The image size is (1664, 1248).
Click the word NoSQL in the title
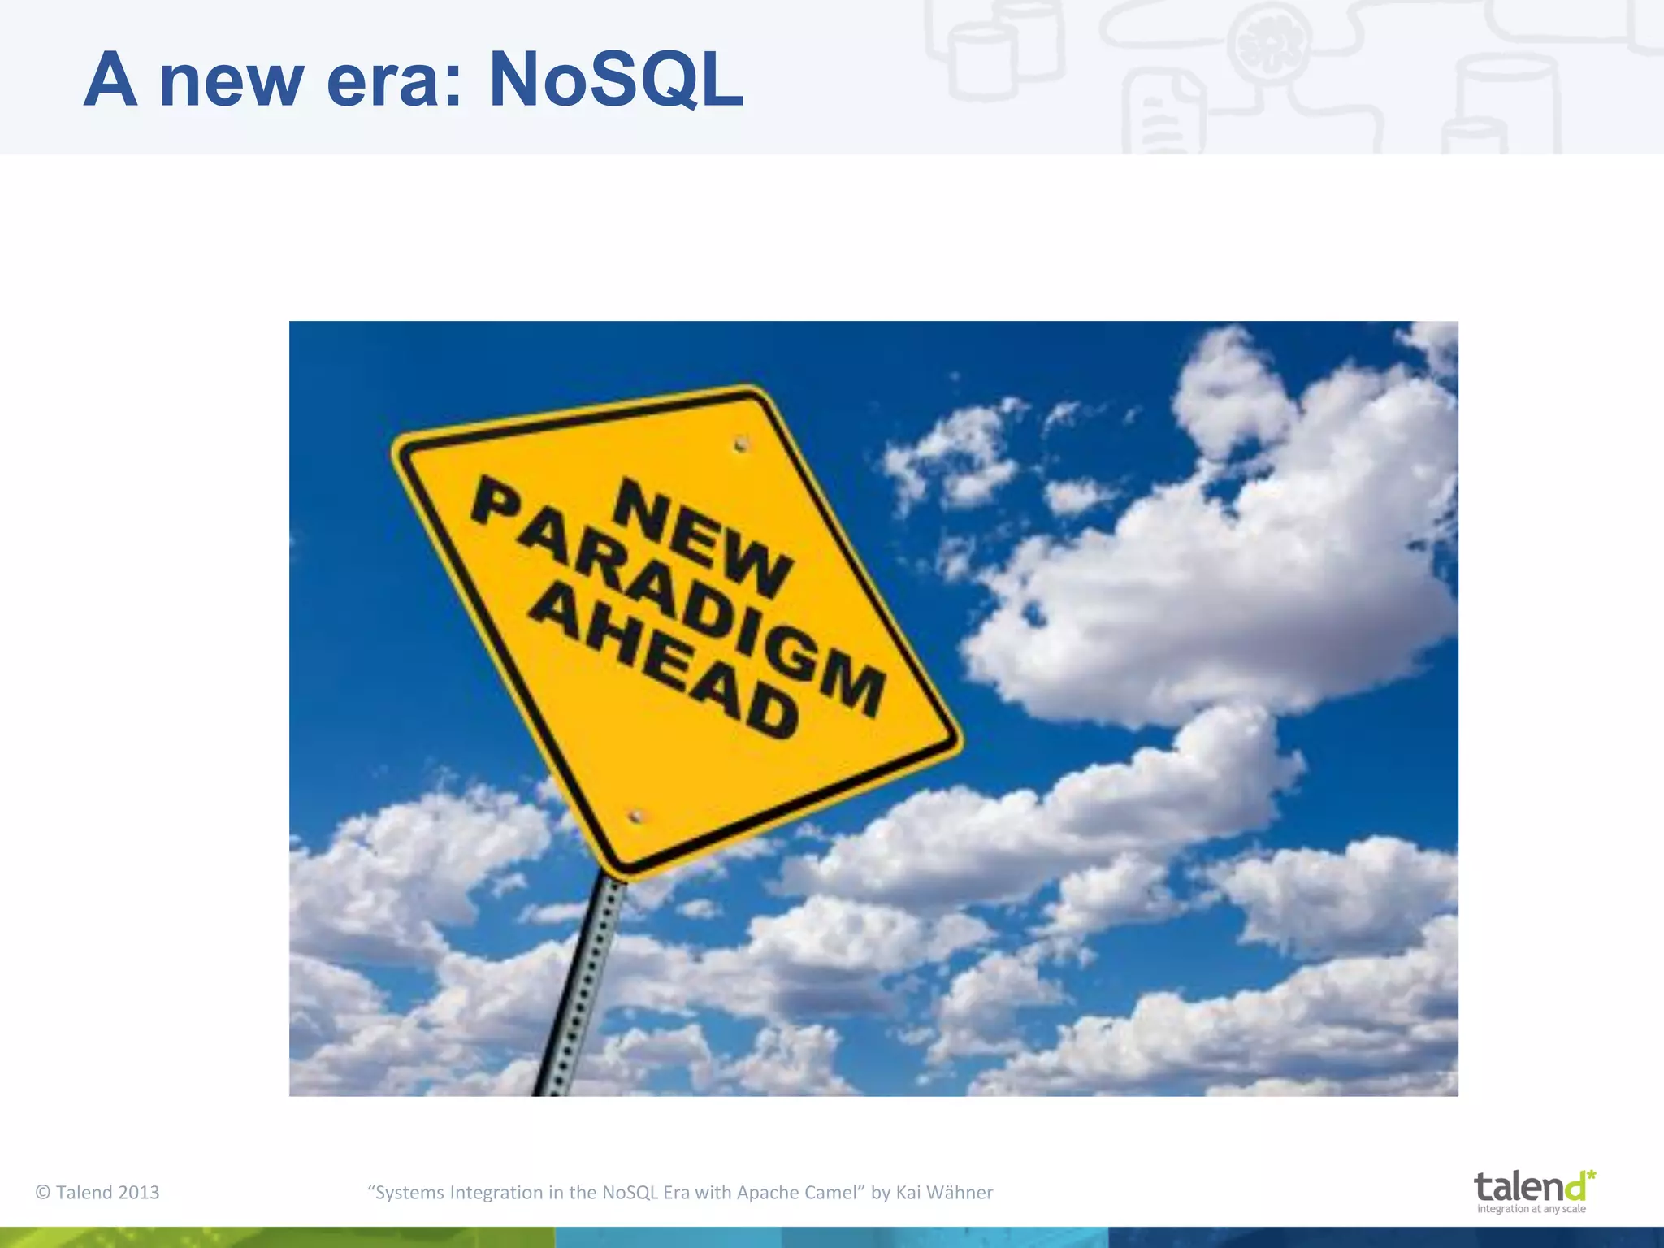tap(616, 80)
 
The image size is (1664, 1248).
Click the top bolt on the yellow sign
tap(740, 444)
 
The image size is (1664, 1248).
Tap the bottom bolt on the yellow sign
tap(636, 816)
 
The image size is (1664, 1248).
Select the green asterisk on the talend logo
tap(1590, 1176)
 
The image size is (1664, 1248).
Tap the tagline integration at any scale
tap(1531, 1209)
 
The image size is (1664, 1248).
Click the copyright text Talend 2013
tap(107, 1193)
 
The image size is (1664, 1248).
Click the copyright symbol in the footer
tap(43, 1193)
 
